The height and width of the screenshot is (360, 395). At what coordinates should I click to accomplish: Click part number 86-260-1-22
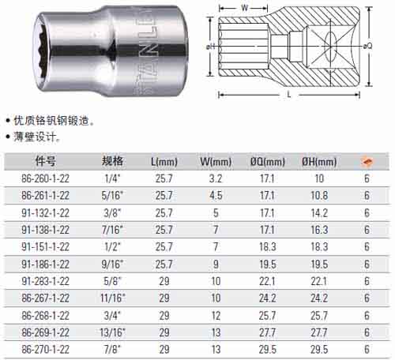[x=45, y=178]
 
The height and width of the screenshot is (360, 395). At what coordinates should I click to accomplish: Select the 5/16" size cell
[x=112, y=196]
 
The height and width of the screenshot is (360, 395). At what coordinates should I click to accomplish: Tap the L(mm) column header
[x=164, y=162]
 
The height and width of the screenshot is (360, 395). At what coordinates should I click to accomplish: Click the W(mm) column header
[x=216, y=162]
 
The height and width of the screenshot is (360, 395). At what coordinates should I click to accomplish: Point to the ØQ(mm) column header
[x=268, y=162]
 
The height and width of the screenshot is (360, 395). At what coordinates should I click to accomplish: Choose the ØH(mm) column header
[x=319, y=162]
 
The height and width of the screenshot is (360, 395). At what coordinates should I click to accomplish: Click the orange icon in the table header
[x=367, y=162]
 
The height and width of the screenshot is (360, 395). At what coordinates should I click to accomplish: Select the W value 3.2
[x=216, y=178]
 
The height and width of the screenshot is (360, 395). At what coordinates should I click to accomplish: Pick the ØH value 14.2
[x=319, y=213]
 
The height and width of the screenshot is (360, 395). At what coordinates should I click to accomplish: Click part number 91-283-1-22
[x=45, y=281]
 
